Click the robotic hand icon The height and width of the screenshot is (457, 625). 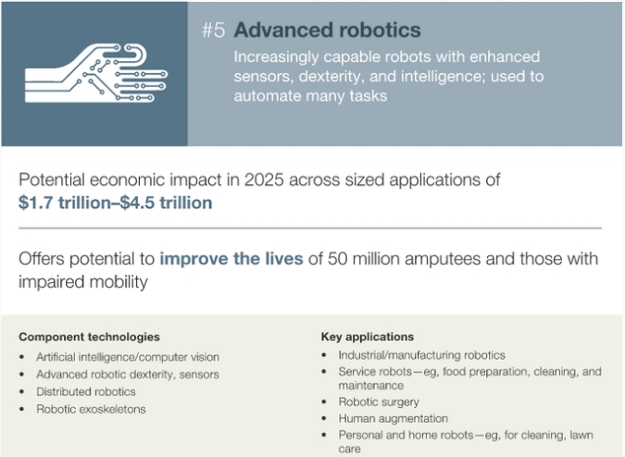click(x=96, y=73)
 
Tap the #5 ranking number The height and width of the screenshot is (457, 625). click(x=214, y=31)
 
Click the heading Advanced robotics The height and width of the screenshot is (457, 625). click(x=327, y=31)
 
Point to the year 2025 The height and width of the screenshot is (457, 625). click(x=264, y=180)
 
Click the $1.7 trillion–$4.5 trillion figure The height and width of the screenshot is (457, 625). click(x=115, y=203)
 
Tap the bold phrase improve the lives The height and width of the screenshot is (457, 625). click(x=231, y=259)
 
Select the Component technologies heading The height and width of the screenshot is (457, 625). click(x=89, y=337)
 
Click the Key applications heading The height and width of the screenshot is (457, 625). click(x=368, y=337)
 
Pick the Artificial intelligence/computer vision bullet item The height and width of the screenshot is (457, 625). click(x=128, y=357)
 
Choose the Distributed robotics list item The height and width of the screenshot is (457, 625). click(x=86, y=391)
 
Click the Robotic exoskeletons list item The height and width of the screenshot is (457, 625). click(x=91, y=409)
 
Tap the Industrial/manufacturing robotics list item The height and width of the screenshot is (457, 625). click(x=421, y=355)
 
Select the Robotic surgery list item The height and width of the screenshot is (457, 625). click(x=379, y=402)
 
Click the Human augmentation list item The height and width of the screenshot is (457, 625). click(x=393, y=419)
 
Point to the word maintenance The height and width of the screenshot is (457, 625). click(x=371, y=386)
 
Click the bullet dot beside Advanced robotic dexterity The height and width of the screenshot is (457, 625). click(x=22, y=375)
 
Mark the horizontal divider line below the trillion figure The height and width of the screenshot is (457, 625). click(x=310, y=228)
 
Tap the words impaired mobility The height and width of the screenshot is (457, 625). click(x=83, y=282)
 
